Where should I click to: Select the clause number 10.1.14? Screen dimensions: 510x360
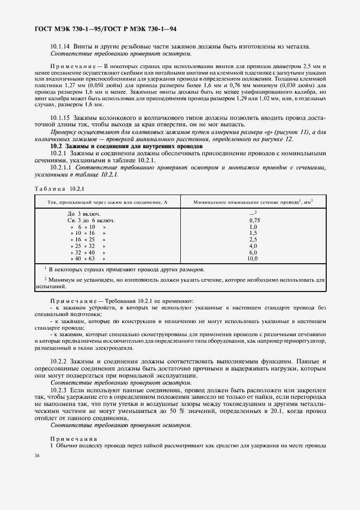coord(60,47)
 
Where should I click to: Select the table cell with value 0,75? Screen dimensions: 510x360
coord(253,220)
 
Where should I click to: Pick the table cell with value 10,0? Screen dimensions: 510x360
coord(253,258)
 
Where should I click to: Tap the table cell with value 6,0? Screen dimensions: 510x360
coord(253,252)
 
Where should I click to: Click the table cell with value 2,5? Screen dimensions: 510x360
coord(253,239)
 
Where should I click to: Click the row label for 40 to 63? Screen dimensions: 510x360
coord(86,258)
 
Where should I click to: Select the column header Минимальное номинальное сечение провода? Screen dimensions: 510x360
coord(253,202)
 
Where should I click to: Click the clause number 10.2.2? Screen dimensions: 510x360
coord(58,362)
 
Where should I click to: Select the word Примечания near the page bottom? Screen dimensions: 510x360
coord(74,438)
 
